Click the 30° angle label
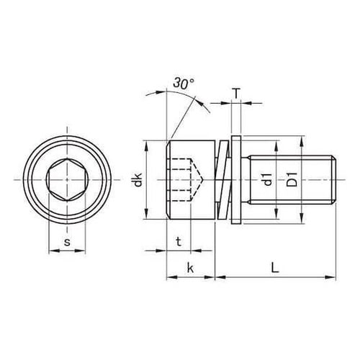tap(184, 84)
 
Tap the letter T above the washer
tap(236, 94)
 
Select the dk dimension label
tap(138, 180)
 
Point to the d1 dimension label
tap(268, 179)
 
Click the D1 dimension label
tap(292, 179)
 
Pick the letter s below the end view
tap(67, 242)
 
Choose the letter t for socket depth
tap(179, 241)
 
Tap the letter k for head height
tap(190, 267)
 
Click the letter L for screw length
tap(275, 267)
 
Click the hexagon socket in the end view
tap(67, 180)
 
